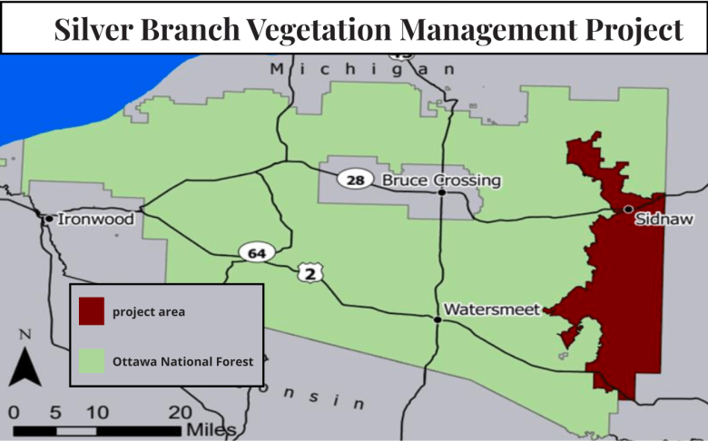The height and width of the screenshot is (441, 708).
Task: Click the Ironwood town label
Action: tap(95, 219)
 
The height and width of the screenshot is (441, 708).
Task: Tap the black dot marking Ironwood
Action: tap(48, 218)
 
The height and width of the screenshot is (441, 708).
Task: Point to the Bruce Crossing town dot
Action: tap(441, 192)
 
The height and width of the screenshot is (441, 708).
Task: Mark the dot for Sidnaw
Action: tap(628, 209)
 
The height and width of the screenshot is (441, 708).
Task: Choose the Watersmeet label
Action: tap(491, 309)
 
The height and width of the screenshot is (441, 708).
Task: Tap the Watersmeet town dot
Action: tap(438, 318)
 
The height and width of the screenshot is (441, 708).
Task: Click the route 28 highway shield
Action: tap(356, 180)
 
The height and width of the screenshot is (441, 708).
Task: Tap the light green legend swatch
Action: tap(92, 360)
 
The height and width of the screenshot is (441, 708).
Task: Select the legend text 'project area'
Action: tap(149, 312)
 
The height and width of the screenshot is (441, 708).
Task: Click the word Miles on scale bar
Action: tap(211, 428)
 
